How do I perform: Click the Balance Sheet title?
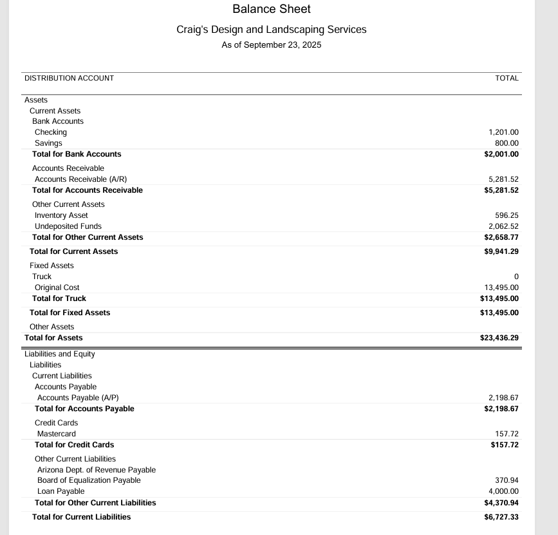pyautogui.click(x=271, y=9)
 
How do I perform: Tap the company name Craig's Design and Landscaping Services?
pyautogui.click(x=271, y=30)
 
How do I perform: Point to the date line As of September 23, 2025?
pyautogui.click(x=271, y=45)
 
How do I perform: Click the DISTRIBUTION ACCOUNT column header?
pyautogui.click(x=69, y=78)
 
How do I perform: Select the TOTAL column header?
pyautogui.click(x=507, y=78)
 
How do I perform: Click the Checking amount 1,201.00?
pyautogui.click(x=504, y=132)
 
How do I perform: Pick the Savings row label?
pyautogui.click(x=48, y=143)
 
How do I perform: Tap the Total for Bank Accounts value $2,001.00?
pyautogui.click(x=501, y=154)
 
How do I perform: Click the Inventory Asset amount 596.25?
pyautogui.click(x=506, y=215)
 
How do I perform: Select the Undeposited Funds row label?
pyautogui.click(x=68, y=226)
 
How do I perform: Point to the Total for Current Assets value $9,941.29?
pyautogui.click(x=501, y=251)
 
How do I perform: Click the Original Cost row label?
pyautogui.click(x=57, y=287)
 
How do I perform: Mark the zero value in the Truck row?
pyautogui.click(x=516, y=277)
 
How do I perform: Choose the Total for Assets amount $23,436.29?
pyautogui.click(x=499, y=338)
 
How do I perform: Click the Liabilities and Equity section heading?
pyautogui.click(x=59, y=354)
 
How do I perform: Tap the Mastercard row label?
pyautogui.click(x=56, y=434)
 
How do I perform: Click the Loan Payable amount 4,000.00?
pyautogui.click(x=502, y=491)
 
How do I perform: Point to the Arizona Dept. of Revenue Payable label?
pyautogui.click(x=96, y=470)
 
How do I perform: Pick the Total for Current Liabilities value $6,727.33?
pyautogui.click(x=501, y=517)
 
